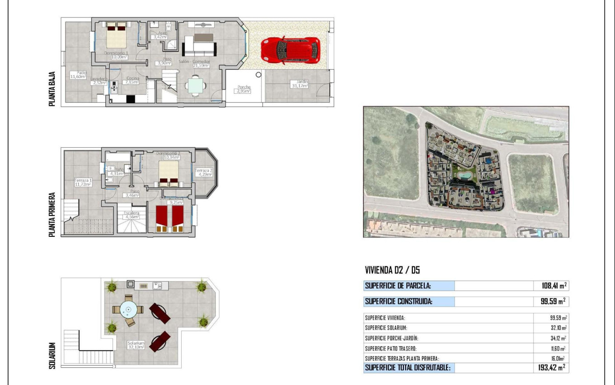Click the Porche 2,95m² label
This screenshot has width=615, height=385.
click(242, 89)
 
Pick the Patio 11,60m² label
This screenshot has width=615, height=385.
click(77, 75)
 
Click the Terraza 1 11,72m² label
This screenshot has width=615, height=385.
click(83, 182)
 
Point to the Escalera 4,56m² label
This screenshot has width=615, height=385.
click(132, 215)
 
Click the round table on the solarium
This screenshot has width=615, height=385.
click(128, 310)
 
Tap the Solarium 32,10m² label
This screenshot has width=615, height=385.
click(136, 345)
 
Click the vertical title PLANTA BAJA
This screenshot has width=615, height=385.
click(52, 89)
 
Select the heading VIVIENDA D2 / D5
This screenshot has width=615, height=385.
click(392, 270)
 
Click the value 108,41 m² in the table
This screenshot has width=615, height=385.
click(554, 286)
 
